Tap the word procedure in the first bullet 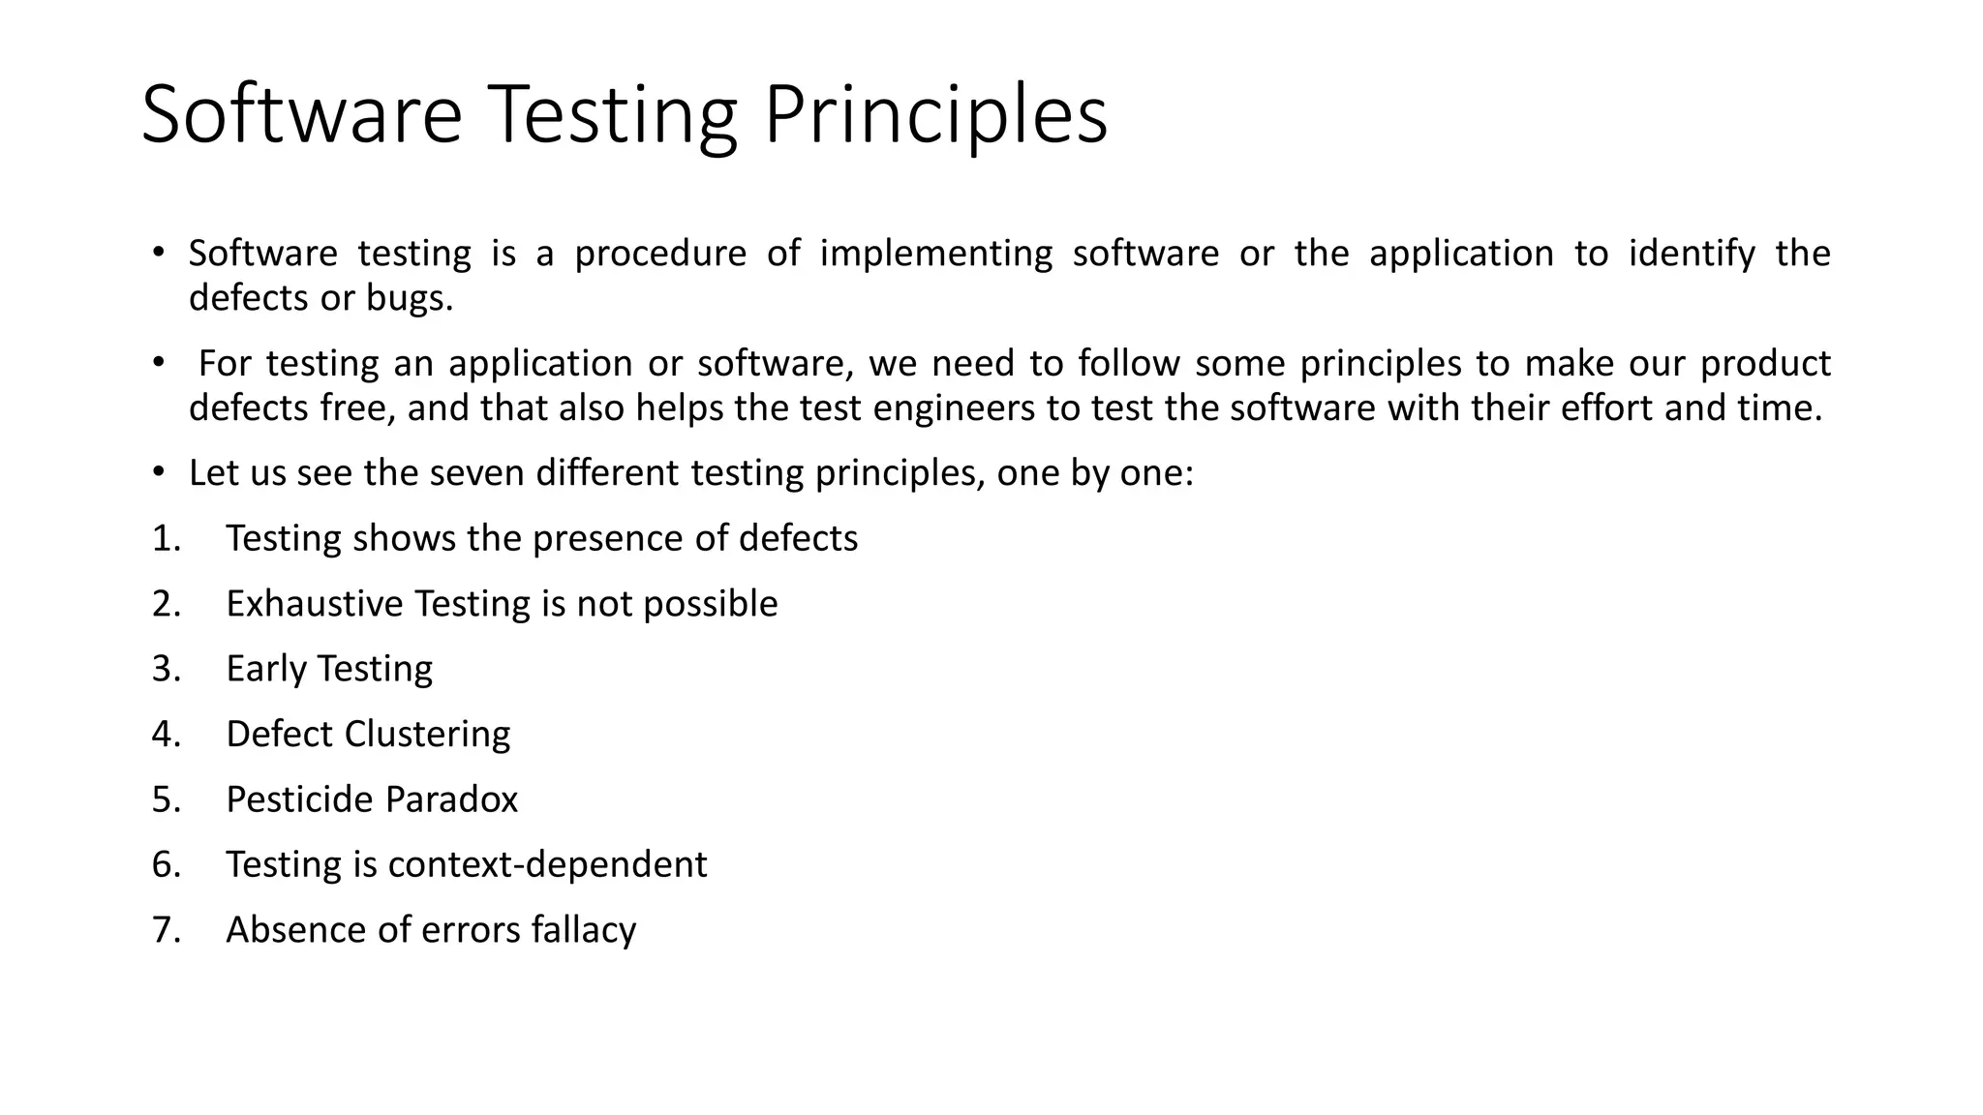(660, 255)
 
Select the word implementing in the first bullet (935, 255)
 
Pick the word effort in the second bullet (1607, 408)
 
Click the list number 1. (166, 539)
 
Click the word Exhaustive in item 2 (314, 604)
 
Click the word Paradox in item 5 (451, 800)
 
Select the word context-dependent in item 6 (547, 865)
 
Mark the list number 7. (166, 930)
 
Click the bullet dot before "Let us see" (158, 473)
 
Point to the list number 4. (166, 735)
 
